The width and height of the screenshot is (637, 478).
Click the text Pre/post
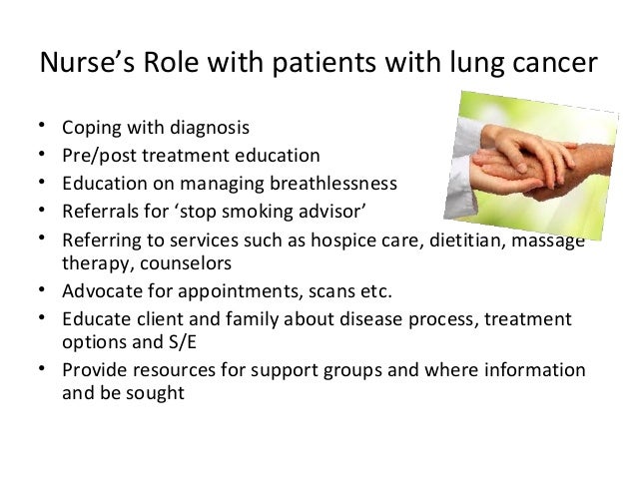click(x=94, y=156)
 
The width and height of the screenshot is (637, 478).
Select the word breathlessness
click(x=333, y=184)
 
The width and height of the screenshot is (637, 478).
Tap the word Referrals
click(x=98, y=211)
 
